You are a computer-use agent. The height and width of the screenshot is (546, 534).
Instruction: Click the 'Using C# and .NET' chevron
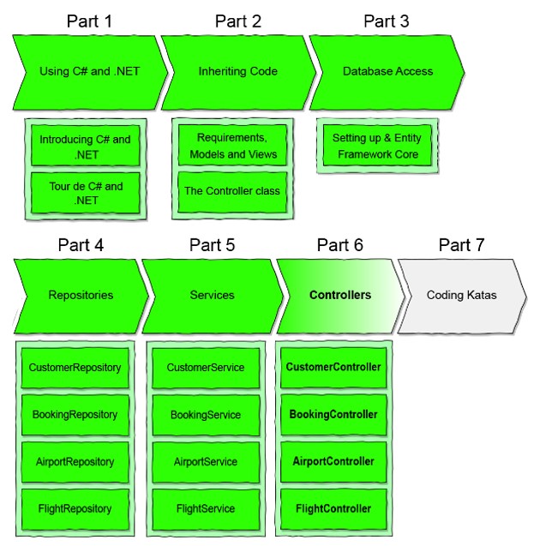coord(89,72)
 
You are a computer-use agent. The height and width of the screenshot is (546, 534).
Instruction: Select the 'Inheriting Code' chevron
coord(237,72)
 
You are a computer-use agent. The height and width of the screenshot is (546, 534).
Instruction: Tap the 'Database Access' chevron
coord(387,72)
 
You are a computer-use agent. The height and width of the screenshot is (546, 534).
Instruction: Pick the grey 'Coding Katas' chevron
coord(462,295)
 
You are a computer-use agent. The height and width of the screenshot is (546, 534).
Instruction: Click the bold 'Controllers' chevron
coord(339,295)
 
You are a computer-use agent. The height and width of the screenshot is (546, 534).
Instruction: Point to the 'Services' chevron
coord(211,295)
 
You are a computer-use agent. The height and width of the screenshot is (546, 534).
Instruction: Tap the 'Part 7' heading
coord(461,245)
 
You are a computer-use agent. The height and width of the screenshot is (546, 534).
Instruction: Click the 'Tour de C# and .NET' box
coord(85,193)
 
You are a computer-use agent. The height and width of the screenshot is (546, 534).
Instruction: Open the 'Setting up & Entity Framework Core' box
coord(377,146)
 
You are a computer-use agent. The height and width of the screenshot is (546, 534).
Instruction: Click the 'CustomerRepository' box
coord(75,368)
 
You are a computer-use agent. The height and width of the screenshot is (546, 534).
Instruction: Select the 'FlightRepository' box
coord(75,508)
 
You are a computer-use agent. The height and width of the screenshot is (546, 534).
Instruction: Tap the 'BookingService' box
coord(206,415)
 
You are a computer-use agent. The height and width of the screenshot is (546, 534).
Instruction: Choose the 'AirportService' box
coord(206,462)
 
